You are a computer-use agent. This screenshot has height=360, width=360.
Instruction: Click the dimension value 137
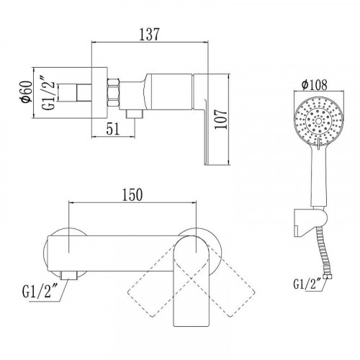(149, 35)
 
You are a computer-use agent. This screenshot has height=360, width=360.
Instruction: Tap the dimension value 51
(113, 130)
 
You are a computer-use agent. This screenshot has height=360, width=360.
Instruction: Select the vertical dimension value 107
(221, 120)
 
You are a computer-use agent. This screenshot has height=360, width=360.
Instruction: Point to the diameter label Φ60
(27, 92)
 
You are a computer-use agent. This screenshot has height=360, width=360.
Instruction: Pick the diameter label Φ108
(315, 84)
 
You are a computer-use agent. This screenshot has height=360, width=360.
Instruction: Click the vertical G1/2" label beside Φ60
(49, 93)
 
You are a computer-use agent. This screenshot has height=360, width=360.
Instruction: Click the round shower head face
(318, 121)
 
